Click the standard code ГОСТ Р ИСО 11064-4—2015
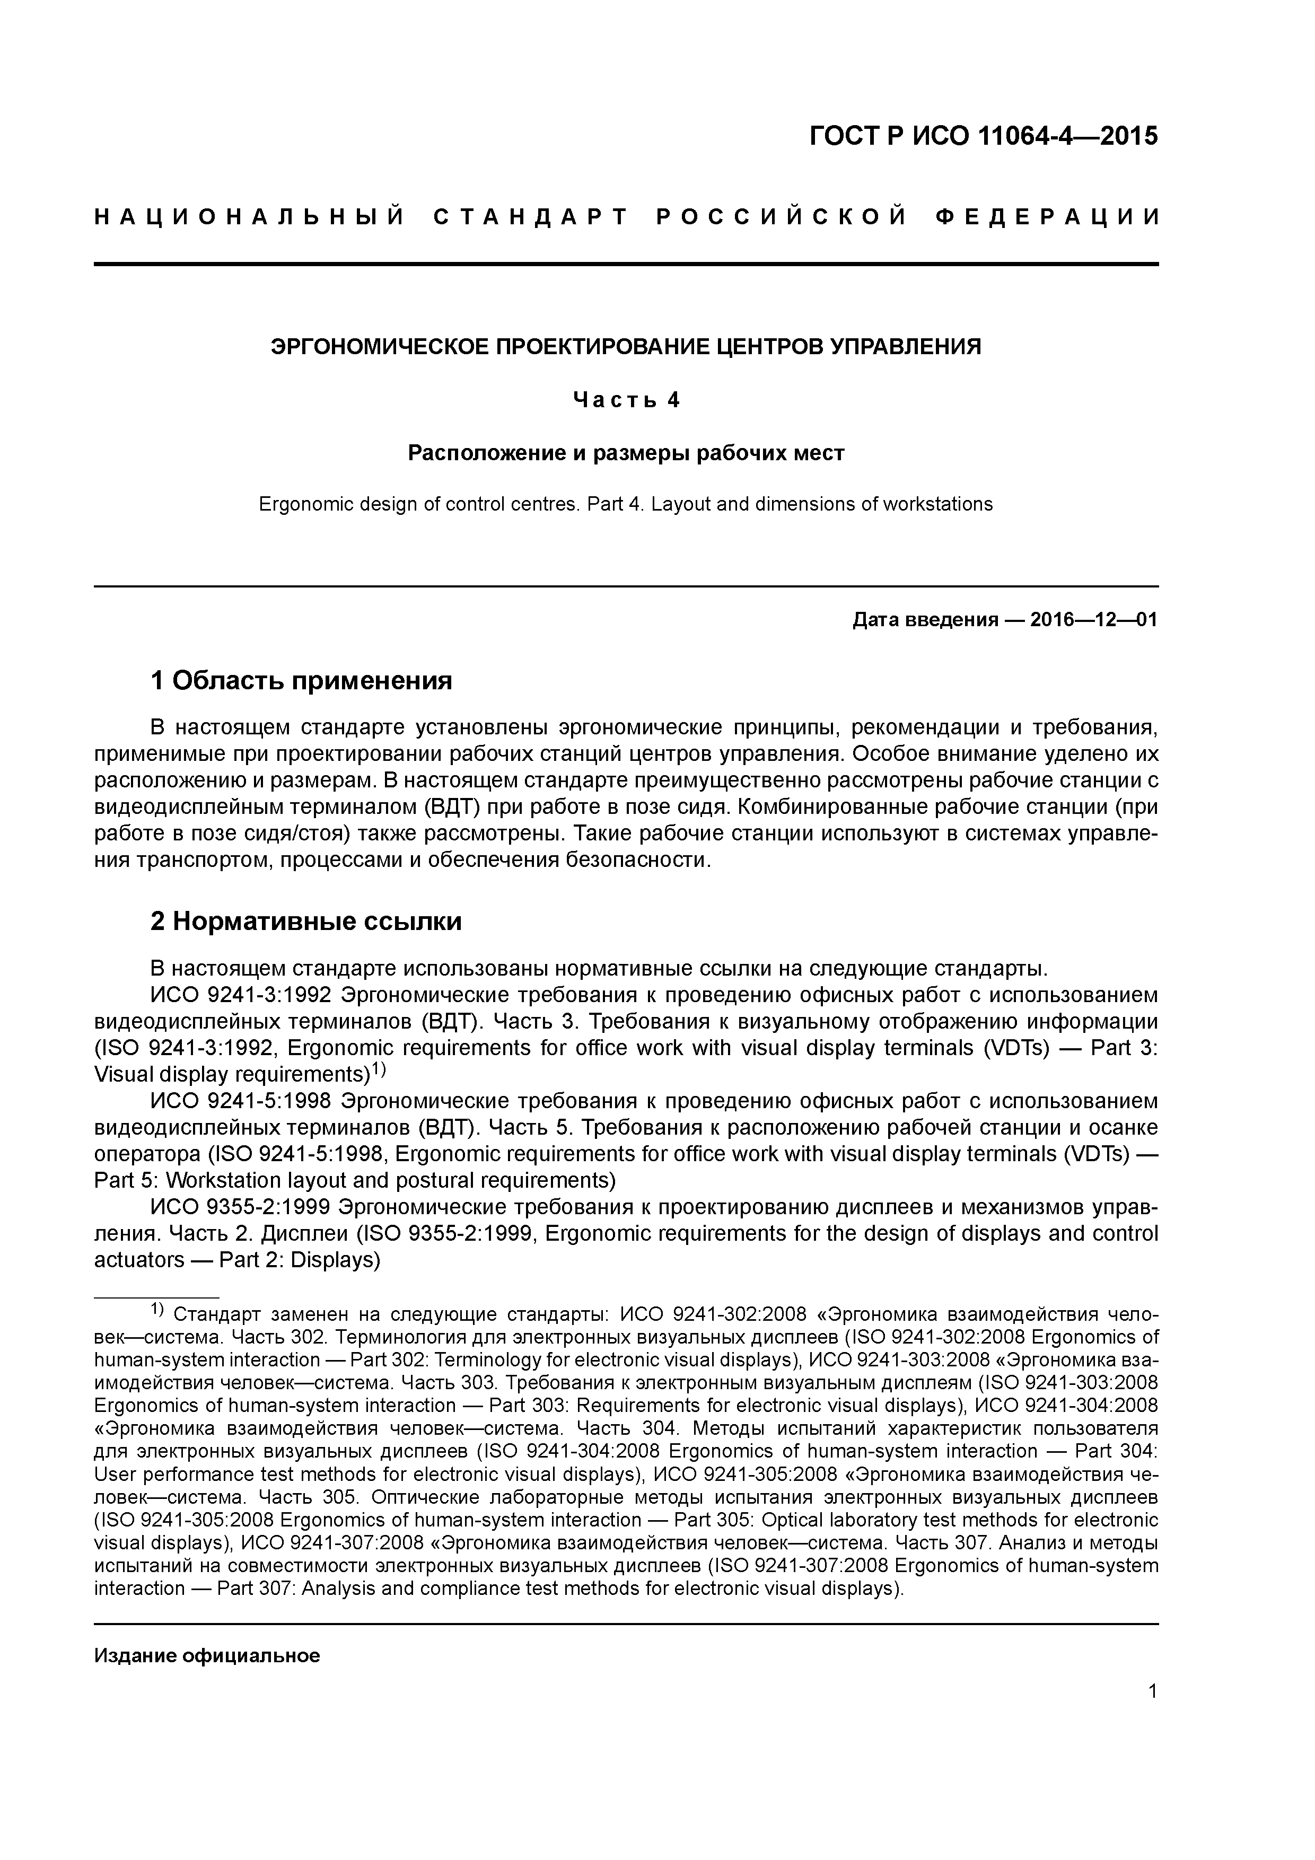[x=983, y=136]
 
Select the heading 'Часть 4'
[x=626, y=399]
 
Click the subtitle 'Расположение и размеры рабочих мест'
[x=626, y=452]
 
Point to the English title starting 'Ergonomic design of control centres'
[x=626, y=504]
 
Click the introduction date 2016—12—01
[x=1093, y=620]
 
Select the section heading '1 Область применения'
[x=301, y=680]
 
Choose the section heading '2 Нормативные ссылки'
[x=306, y=921]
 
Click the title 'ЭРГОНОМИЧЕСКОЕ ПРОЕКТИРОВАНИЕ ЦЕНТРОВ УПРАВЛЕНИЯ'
[x=626, y=347]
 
